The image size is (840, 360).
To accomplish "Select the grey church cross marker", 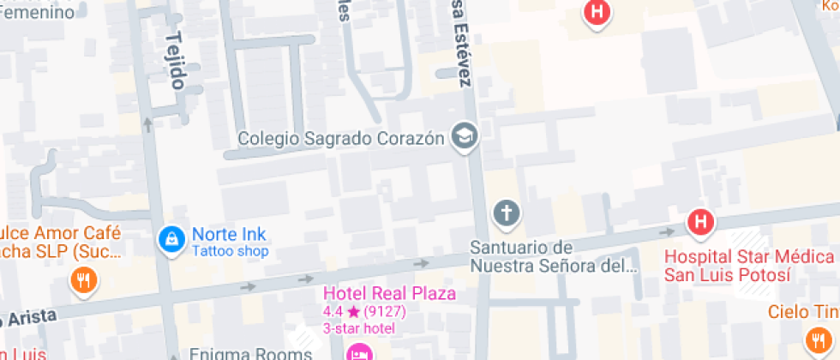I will [507, 213].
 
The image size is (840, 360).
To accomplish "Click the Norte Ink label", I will [229, 234].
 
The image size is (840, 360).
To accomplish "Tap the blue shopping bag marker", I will [172, 240].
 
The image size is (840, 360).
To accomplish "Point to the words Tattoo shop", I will [230, 252].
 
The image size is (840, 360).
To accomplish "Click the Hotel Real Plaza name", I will [389, 294].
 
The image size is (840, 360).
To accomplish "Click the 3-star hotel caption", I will [358, 328].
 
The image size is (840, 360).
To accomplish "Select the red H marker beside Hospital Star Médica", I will [700, 224].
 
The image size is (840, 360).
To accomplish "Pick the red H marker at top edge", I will [597, 12].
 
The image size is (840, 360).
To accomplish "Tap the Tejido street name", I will [177, 61].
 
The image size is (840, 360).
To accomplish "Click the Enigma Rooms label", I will [249, 353].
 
